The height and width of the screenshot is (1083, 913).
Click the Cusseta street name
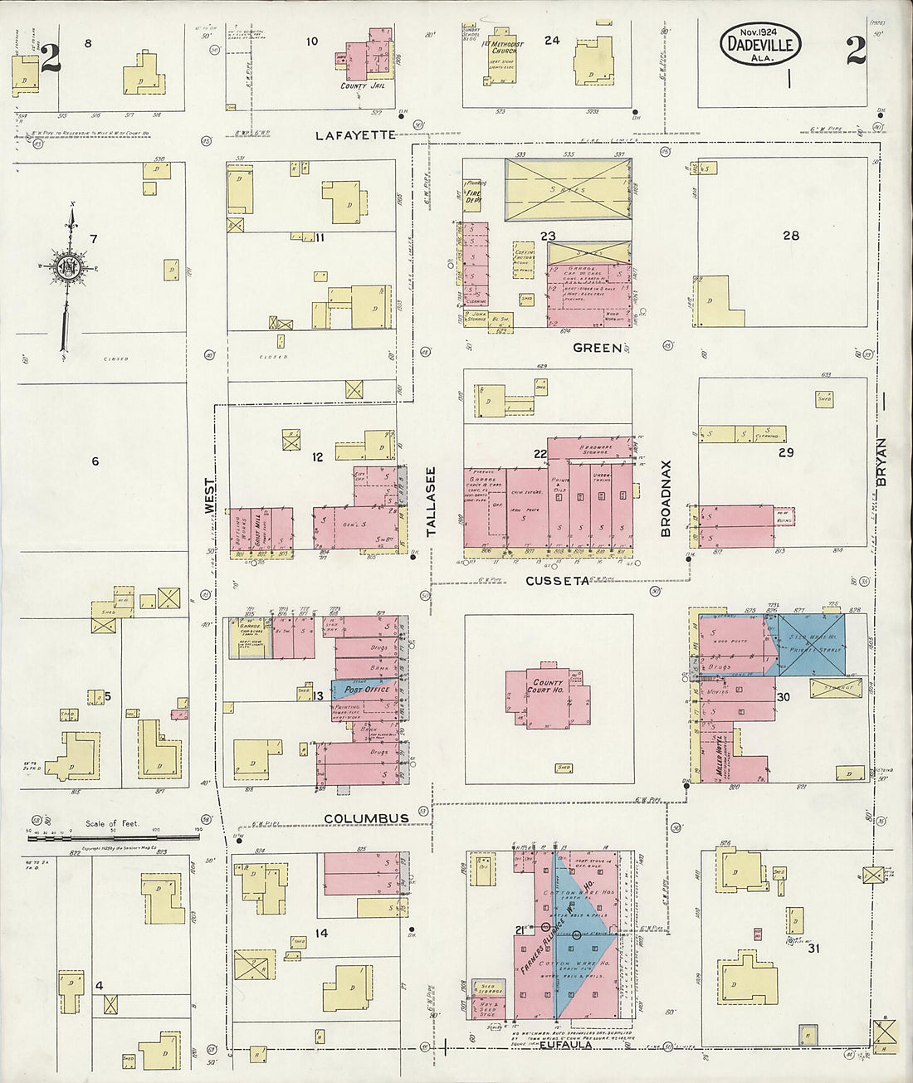pos(556,581)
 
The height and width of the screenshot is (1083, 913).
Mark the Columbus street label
pos(366,818)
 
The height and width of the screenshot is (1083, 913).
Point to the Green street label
pos(598,349)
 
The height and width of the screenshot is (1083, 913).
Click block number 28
pos(790,236)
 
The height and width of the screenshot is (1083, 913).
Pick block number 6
pos(95,461)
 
